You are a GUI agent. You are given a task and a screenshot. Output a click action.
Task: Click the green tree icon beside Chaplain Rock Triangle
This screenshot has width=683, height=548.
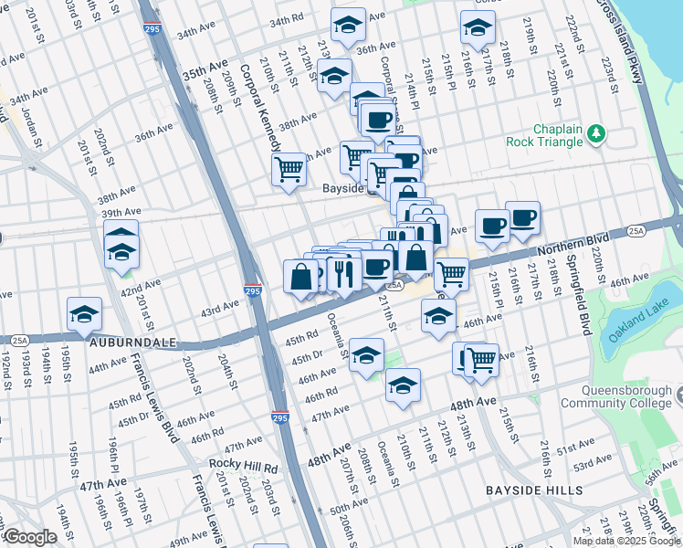[x=597, y=134]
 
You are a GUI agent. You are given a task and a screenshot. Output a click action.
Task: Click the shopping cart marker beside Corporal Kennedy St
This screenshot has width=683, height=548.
[x=289, y=168]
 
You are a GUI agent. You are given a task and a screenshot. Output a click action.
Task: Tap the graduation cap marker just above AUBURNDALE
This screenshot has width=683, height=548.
[x=84, y=314]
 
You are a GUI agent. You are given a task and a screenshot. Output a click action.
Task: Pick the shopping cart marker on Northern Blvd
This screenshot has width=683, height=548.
[x=450, y=272]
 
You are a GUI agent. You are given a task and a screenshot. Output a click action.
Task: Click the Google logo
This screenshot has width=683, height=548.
[x=29, y=537]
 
